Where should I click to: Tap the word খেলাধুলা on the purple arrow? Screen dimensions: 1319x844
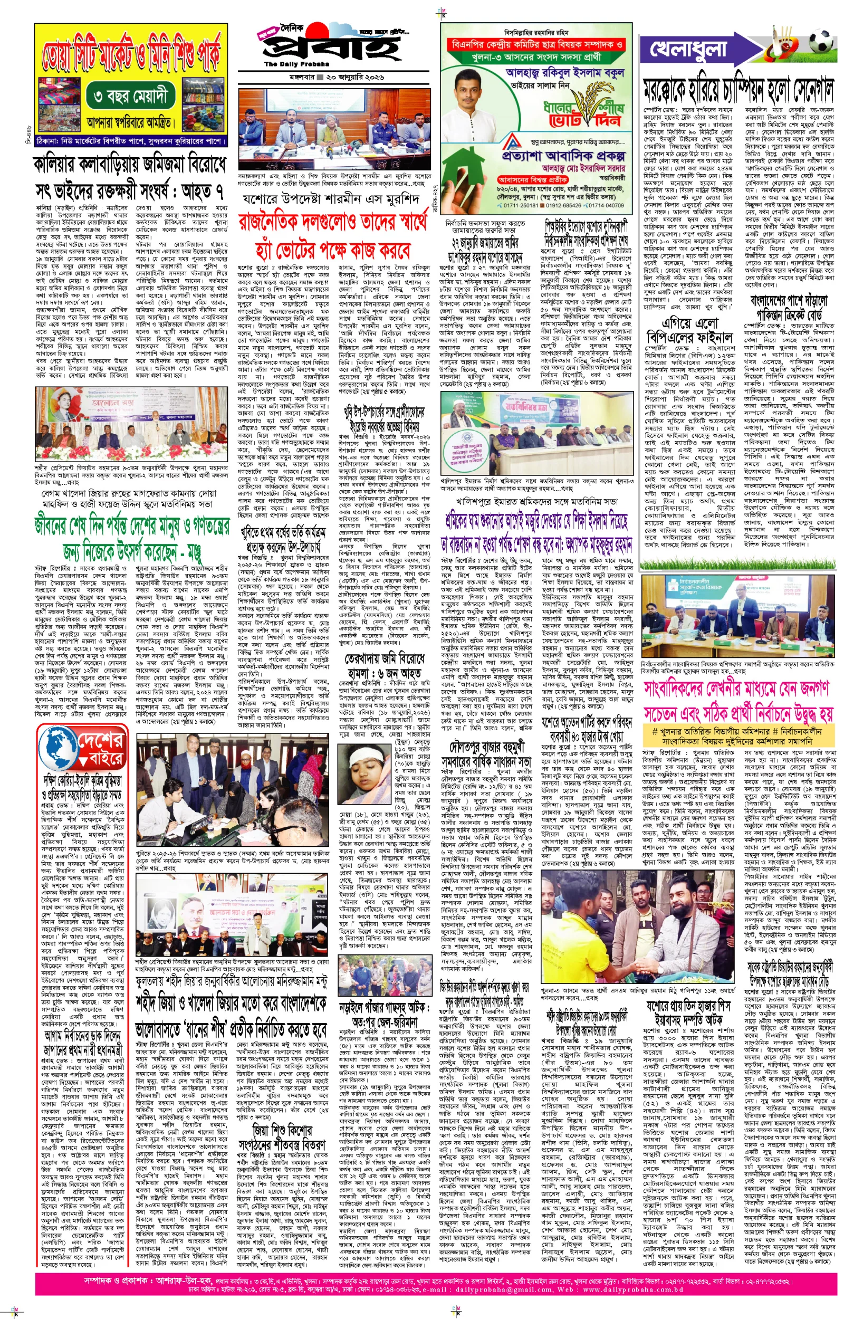pyautogui.click(x=688, y=49)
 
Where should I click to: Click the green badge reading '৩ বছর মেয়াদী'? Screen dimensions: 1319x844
pyautogui.click(x=133, y=97)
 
